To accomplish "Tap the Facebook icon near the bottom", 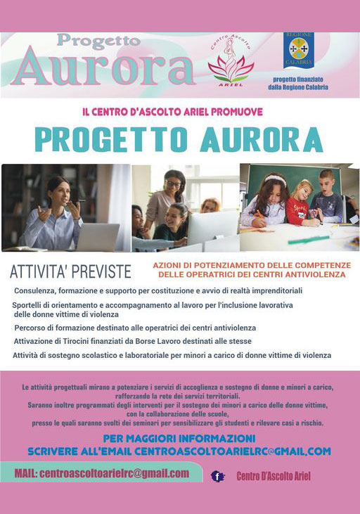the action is [217, 476].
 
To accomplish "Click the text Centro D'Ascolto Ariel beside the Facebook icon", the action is [274, 477].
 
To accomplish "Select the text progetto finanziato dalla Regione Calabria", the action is [297, 84].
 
